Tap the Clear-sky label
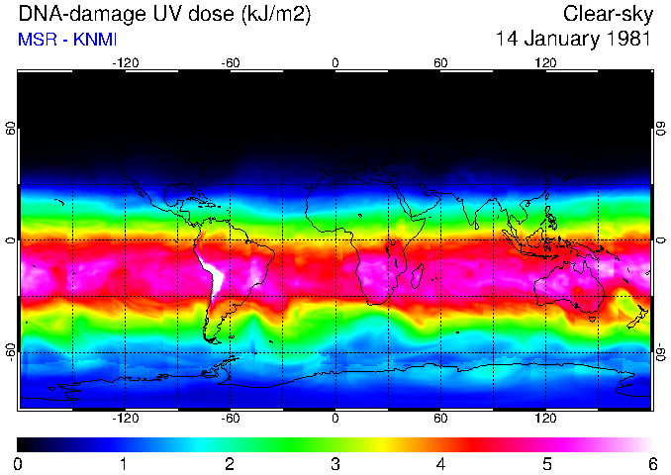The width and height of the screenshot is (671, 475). pos(607,15)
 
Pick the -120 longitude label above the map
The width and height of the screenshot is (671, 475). pos(125,63)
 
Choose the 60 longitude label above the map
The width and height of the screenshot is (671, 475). pos(440,63)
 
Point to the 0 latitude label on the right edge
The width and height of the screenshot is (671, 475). pos(660,240)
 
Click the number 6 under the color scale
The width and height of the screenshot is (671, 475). pos(651,463)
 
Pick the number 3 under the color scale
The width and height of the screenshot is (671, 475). pos(335,463)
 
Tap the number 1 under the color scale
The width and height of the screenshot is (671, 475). pos(123,463)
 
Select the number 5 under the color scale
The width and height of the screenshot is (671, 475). pos(545,463)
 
